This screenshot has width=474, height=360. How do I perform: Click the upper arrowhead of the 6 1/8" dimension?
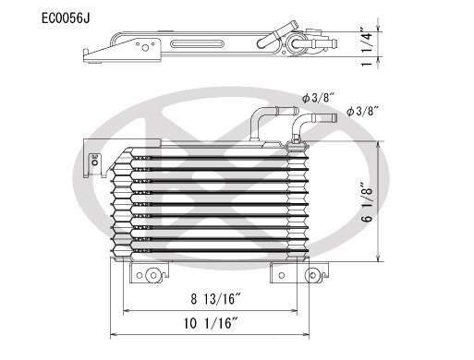pos(379,146)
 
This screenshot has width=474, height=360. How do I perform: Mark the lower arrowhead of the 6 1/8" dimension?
pos(379,260)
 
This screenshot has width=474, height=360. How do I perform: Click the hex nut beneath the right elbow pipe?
pos(296,140)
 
